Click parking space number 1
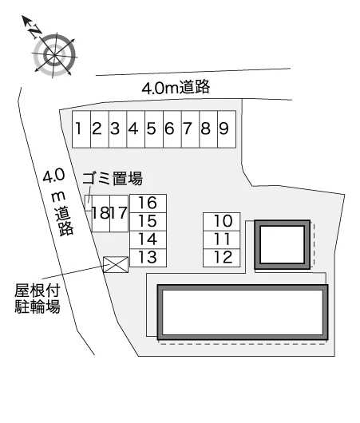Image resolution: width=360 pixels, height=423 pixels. click(81, 129)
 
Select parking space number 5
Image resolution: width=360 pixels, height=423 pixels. click(154, 129)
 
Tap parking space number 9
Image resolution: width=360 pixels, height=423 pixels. click(227, 129)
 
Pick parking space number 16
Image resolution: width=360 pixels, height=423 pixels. click(148, 204)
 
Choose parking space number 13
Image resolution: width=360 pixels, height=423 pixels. click(148, 258)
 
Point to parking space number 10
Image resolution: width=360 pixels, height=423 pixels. click(222, 222)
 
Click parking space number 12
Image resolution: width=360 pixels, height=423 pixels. click(222, 258)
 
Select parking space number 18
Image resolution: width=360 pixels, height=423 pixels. click(101, 214)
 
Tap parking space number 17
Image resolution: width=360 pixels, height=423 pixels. click(119, 214)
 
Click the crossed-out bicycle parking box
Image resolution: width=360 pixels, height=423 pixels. click(116, 265)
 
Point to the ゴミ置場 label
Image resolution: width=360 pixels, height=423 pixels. click(113, 178)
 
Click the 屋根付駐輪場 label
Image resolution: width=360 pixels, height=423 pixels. click(38, 298)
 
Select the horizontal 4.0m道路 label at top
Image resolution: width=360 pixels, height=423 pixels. click(176, 87)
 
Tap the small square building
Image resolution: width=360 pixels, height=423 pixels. click(283, 245)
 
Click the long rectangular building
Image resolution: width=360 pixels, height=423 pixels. click(243, 312)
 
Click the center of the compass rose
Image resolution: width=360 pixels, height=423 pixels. click(55, 56)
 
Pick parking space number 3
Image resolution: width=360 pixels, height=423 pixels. click(117, 129)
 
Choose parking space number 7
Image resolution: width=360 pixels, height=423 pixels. click(190, 129)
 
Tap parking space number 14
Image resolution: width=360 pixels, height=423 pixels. click(148, 239)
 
